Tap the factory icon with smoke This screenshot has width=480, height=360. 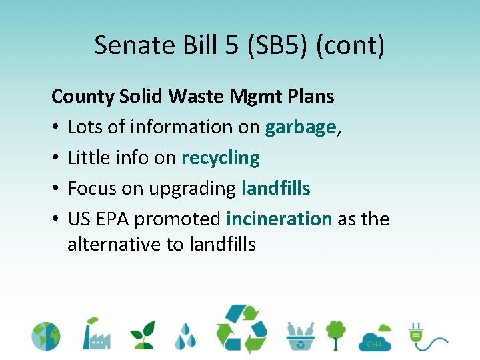pyautogui.click(x=95, y=333)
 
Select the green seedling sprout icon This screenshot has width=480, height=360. pyautogui.click(x=142, y=335)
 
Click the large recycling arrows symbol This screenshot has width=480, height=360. pyautogui.click(x=241, y=329)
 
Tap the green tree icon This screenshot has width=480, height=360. pyautogui.click(x=335, y=335)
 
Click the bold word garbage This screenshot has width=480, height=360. pyautogui.click(x=300, y=127)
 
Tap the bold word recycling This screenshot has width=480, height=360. pyautogui.click(x=220, y=158)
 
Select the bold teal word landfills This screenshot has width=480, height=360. pyautogui.click(x=275, y=189)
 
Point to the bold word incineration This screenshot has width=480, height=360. pyautogui.click(x=279, y=219)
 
